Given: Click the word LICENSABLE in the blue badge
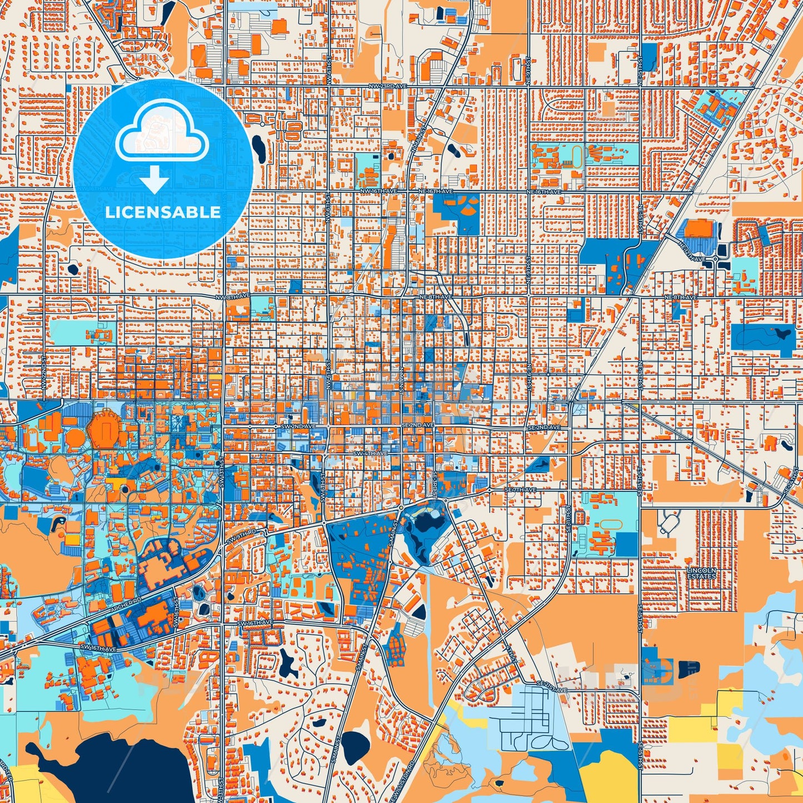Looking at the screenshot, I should pos(163,212).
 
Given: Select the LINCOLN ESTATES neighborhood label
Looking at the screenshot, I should pos(701,573).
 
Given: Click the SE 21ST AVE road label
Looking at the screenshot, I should pos(552,690).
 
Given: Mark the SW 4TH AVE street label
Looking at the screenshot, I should pos(370,453).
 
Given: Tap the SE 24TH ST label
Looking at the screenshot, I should pos(792,481).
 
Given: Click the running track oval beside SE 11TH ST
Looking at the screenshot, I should pos(610,525).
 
